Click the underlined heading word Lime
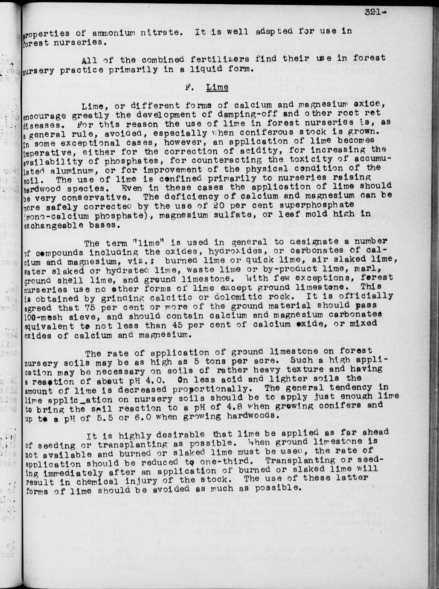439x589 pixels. tap(217, 87)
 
